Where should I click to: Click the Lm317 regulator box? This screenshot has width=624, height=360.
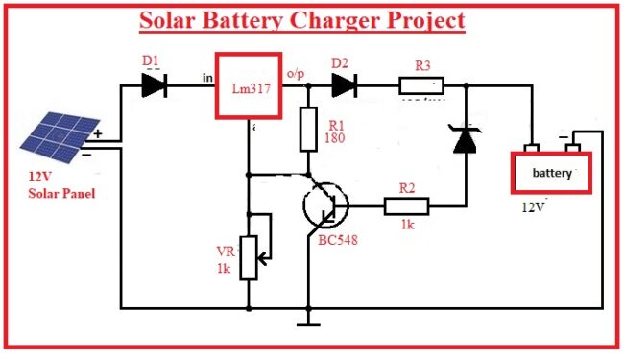[x=248, y=86]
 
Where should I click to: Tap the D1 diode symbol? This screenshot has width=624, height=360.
[x=155, y=85]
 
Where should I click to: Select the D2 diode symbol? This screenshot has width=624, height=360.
[x=345, y=85]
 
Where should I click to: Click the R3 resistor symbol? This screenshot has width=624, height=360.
[x=423, y=85]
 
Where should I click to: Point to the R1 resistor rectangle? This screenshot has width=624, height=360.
[x=308, y=130]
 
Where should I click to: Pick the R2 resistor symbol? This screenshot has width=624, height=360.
[x=406, y=204]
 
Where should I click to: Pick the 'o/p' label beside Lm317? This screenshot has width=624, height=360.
[x=295, y=73]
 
